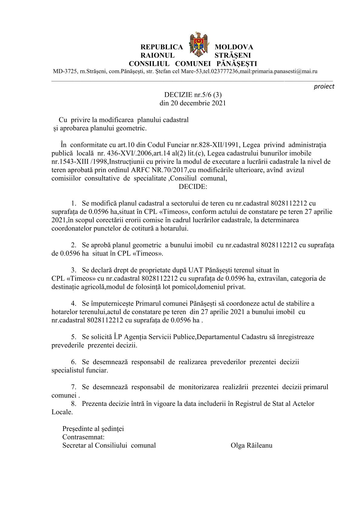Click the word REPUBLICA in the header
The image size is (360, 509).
pyautogui.click(x=162, y=47)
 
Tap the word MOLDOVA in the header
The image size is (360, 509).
pyautogui.click(x=234, y=47)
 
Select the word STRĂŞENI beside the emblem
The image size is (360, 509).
pyautogui.click(x=232, y=56)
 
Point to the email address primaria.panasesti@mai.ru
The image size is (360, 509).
pyautogui.click(x=284, y=72)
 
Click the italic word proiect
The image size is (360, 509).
pyautogui.click(x=324, y=86)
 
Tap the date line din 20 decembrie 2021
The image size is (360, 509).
pyautogui.click(x=193, y=103)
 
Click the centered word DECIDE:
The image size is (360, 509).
pyautogui.click(x=193, y=187)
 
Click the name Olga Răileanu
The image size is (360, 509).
pyautogui.click(x=251, y=445)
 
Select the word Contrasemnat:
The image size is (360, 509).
pyautogui.click(x=83, y=437)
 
